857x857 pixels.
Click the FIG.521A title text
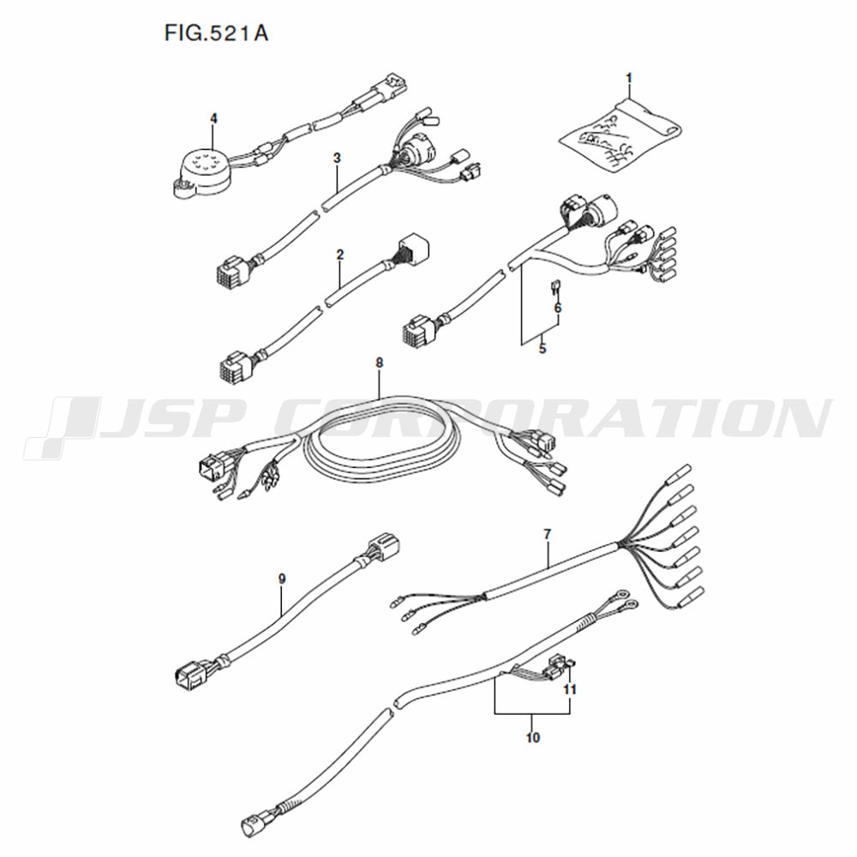pyautogui.click(x=217, y=33)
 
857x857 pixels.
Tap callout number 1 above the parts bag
pyautogui.click(x=629, y=78)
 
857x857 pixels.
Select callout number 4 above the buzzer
pyautogui.click(x=213, y=118)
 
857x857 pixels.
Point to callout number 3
pyautogui.click(x=337, y=158)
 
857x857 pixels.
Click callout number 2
pyautogui.click(x=340, y=255)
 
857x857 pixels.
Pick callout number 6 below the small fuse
pyautogui.click(x=558, y=309)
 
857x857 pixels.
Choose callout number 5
pyautogui.click(x=542, y=348)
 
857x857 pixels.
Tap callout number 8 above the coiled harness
pyautogui.click(x=380, y=363)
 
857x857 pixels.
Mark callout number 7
pyautogui.click(x=548, y=534)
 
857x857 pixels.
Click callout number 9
pyautogui.click(x=282, y=578)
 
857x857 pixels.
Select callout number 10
pyautogui.click(x=533, y=738)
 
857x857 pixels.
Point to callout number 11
pyautogui.click(x=570, y=690)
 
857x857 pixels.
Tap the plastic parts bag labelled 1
pyautogui.click(x=621, y=135)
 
